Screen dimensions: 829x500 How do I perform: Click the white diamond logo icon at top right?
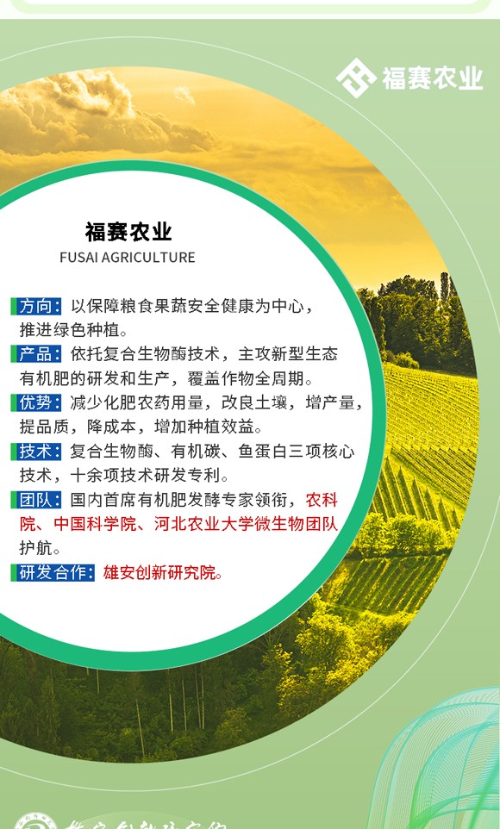tap(355, 78)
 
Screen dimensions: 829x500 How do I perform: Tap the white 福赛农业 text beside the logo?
tap(432, 78)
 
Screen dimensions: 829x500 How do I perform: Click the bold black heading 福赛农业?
tap(128, 232)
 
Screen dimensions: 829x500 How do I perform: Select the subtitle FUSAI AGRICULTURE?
tap(128, 257)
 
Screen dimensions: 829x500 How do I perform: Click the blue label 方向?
tap(40, 306)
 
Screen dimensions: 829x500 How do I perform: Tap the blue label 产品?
tap(40, 354)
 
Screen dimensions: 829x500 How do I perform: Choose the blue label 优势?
tap(40, 402)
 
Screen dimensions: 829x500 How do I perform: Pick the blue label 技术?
tap(40, 451)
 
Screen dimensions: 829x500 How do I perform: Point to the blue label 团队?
tap(40, 500)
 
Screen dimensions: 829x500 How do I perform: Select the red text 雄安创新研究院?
tap(162, 572)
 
